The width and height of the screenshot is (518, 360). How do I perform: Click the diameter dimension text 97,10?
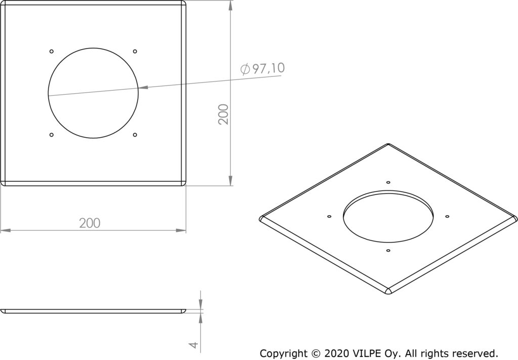[268, 68]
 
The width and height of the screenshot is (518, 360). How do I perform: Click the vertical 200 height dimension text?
[224, 114]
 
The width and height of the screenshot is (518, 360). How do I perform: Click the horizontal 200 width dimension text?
[90, 223]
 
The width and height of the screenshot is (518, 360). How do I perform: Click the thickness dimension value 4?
[194, 345]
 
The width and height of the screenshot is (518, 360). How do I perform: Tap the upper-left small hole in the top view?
[51, 51]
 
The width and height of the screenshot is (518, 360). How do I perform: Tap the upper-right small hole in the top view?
[135, 51]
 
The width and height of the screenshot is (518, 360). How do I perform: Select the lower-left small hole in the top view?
[51, 135]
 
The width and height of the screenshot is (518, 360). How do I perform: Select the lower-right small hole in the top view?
[135, 135]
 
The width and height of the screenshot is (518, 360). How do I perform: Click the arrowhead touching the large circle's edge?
[143, 88]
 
